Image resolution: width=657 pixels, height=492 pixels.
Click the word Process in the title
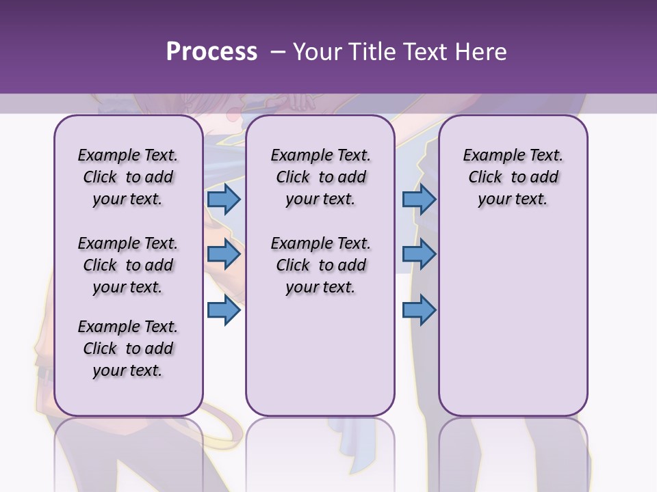point(211,51)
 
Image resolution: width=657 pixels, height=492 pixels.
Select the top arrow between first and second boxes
point(223,199)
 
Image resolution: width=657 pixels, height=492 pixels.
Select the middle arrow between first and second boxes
point(223,255)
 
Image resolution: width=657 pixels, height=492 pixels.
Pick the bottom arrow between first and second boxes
point(223,310)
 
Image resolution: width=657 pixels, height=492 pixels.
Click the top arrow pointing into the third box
point(419,199)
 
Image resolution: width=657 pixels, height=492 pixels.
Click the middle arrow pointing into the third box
point(419,255)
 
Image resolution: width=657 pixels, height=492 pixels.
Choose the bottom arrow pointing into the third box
point(419,310)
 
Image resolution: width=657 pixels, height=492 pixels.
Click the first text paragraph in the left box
point(128,177)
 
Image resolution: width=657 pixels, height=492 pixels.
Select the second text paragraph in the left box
point(128,265)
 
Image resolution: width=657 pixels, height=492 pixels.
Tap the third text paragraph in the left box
point(128,348)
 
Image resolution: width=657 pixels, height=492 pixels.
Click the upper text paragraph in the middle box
point(320,177)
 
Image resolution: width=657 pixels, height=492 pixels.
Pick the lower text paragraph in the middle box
point(320,265)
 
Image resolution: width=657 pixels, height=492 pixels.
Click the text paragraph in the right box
point(513,177)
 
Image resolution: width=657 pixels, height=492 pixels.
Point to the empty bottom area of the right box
point(513,328)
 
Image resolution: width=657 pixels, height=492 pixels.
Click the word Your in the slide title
point(317,51)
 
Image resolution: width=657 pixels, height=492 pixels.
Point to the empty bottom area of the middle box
point(320,355)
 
